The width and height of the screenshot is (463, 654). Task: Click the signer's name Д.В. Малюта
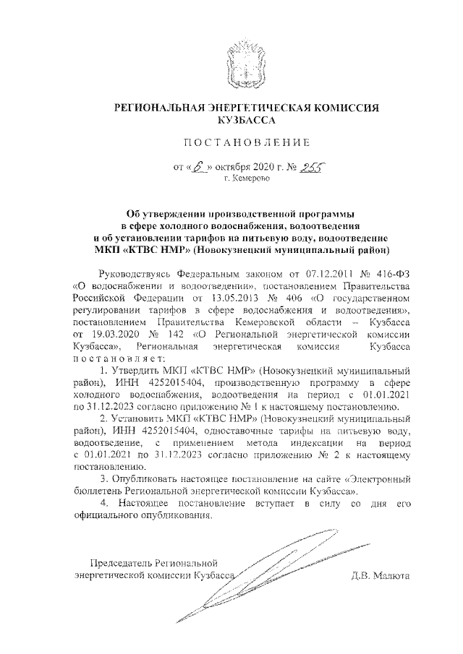tap(380, 576)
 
